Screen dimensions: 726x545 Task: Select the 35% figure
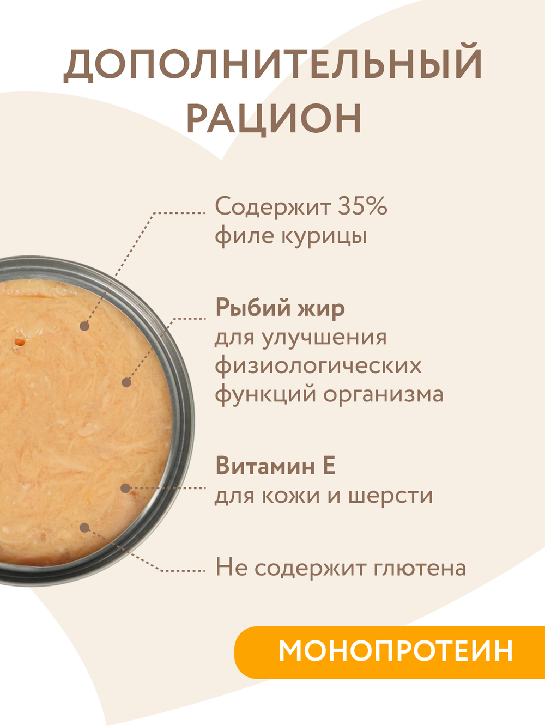(x=362, y=206)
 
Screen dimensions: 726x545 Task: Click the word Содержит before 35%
(x=273, y=206)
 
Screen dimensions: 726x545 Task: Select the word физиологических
(x=318, y=365)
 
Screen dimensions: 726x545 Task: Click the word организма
(x=384, y=394)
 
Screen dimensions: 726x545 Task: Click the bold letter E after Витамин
(x=329, y=466)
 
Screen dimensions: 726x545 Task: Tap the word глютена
(x=420, y=568)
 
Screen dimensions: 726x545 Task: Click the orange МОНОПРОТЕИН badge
(x=395, y=651)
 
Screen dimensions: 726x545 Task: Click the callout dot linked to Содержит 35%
(x=84, y=326)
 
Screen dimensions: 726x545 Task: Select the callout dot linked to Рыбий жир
(x=126, y=382)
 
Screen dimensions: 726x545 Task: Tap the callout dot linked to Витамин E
(x=125, y=488)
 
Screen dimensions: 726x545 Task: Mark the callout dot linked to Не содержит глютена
(x=84, y=527)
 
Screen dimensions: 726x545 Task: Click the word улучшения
(x=324, y=337)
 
